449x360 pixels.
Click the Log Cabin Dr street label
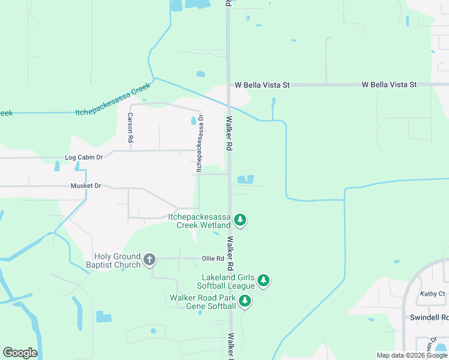84,157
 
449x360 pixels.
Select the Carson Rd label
130,127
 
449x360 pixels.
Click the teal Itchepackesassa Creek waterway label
113,100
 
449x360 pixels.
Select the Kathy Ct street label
432,294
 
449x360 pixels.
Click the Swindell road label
429,317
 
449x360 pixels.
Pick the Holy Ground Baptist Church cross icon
149,260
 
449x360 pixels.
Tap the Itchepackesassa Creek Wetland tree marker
240,220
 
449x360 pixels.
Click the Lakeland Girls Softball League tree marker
263,280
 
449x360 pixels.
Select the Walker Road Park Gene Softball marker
244,301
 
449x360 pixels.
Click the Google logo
20,352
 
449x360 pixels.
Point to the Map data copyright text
412,355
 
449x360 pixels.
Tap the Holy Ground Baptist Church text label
118,260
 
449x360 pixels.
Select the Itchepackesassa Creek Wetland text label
199,220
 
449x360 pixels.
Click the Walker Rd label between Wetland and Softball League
230,252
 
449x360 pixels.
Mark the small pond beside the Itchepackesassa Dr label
193,120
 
